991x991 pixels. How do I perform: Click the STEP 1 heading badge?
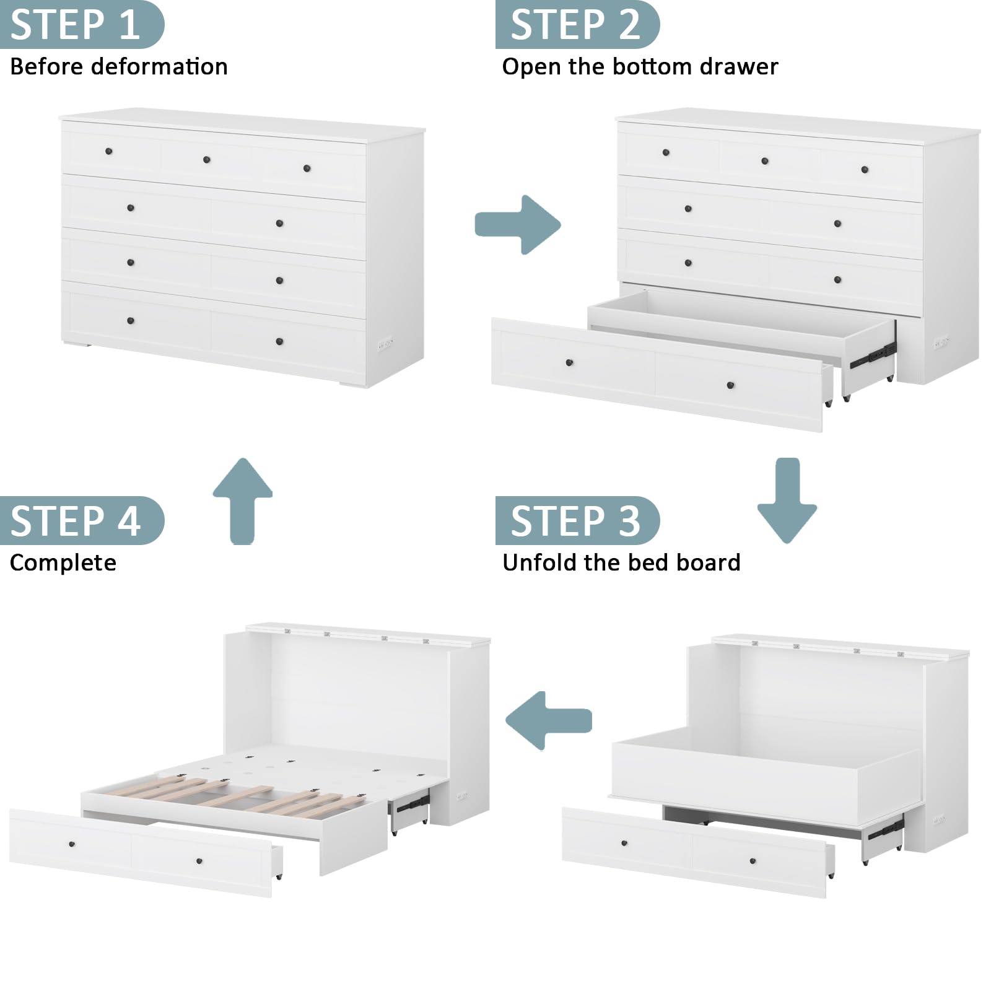(x=82, y=24)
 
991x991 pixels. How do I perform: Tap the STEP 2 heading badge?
(x=577, y=24)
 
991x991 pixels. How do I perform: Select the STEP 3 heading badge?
(x=577, y=520)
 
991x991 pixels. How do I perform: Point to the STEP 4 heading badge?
(x=82, y=520)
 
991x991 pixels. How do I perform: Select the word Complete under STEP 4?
(x=63, y=563)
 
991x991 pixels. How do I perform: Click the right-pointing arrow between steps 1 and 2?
(x=517, y=224)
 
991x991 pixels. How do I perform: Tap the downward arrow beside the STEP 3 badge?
(x=787, y=500)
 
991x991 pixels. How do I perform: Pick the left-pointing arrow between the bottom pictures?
(x=549, y=720)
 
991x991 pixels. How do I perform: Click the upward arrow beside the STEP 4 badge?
(x=243, y=500)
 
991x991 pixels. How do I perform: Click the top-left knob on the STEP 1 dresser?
(x=109, y=151)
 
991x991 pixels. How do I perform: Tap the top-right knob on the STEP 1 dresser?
(x=307, y=168)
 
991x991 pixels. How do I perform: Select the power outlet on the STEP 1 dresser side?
(x=385, y=343)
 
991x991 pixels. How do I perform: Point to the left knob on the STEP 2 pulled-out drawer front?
(x=569, y=362)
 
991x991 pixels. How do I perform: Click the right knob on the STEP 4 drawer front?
(x=199, y=861)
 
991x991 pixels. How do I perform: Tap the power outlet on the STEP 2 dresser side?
(x=941, y=341)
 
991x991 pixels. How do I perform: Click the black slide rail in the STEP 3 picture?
(x=886, y=830)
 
